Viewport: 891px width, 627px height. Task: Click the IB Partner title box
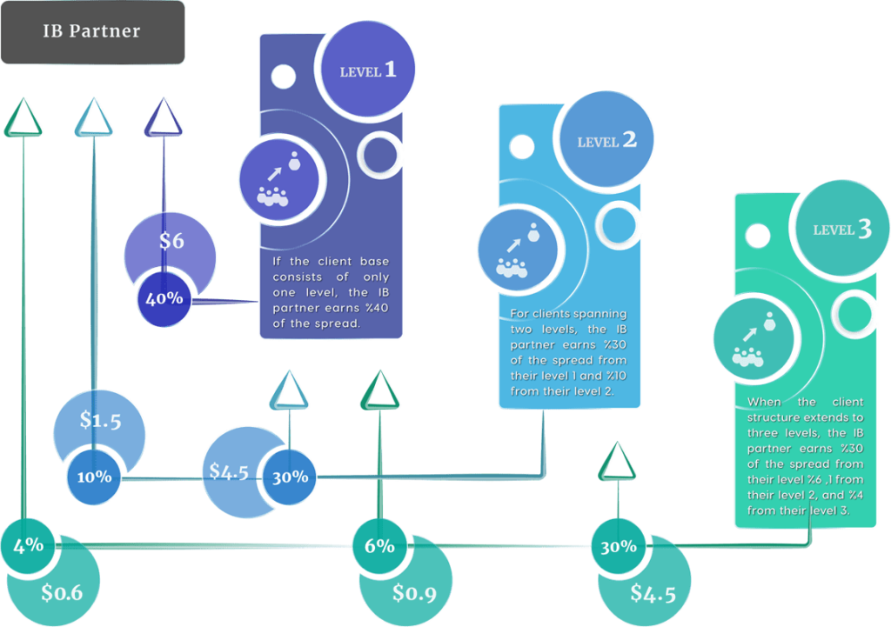[92, 32]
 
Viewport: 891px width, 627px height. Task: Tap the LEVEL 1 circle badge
[367, 70]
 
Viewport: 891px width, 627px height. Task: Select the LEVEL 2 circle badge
[606, 139]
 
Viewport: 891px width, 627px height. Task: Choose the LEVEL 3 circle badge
[841, 229]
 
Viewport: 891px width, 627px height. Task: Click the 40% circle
[164, 299]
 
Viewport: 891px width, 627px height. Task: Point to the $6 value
[171, 241]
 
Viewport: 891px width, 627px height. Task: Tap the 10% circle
[94, 477]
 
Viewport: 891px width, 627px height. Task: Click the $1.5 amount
[101, 420]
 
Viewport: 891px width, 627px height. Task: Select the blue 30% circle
[290, 477]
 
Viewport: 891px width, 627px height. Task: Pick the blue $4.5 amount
[229, 471]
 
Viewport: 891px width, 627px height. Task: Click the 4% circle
[28, 546]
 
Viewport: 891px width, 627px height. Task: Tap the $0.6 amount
[62, 593]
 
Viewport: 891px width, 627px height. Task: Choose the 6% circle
[379, 546]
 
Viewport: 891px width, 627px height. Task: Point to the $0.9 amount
[415, 593]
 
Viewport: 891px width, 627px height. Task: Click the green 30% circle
[619, 546]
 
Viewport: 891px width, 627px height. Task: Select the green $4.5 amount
[653, 593]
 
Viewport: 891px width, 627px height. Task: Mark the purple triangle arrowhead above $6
[164, 117]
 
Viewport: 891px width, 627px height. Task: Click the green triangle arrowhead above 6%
[380, 390]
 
